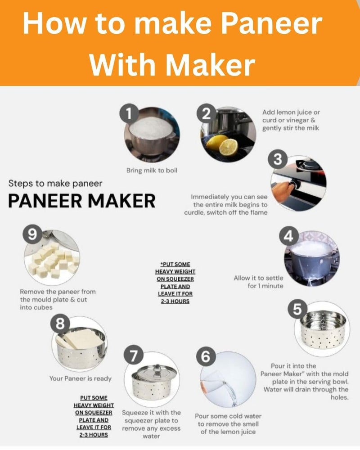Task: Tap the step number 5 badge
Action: [x=297, y=309]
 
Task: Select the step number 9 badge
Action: [x=32, y=234]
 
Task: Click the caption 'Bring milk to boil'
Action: [x=152, y=171]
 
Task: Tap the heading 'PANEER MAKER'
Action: [x=82, y=201]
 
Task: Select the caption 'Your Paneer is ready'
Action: [x=81, y=378]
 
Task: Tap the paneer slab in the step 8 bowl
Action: [x=79, y=338]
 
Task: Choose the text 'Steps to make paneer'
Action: [x=55, y=184]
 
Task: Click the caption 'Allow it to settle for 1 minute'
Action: [x=258, y=282]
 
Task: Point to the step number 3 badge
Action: [x=278, y=160]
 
